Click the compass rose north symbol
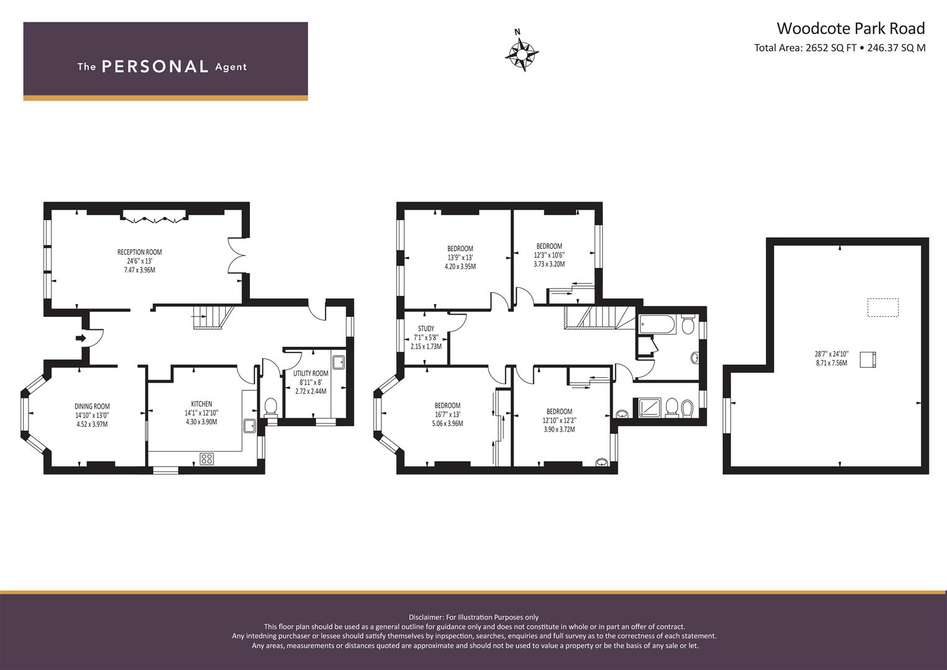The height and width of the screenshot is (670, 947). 522,53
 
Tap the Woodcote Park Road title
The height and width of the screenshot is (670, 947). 851,29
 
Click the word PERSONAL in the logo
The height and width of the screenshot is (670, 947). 155,67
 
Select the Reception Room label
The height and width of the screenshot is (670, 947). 140,252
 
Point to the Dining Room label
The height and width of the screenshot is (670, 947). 92,406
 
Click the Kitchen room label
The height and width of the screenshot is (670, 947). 201,404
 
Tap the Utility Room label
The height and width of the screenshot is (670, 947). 311,373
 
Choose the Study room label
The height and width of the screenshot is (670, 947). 426,329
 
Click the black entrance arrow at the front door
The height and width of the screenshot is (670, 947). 81,338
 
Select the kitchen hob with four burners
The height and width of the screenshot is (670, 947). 207,459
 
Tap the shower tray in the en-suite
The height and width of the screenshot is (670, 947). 646,408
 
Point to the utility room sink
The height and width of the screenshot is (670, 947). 339,362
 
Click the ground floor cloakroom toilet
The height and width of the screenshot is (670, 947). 270,408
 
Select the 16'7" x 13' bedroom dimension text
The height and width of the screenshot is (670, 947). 448,414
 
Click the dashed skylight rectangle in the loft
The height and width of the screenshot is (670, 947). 883,308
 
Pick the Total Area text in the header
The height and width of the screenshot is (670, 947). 840,48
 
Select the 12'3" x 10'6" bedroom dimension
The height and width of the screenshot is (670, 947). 549,255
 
